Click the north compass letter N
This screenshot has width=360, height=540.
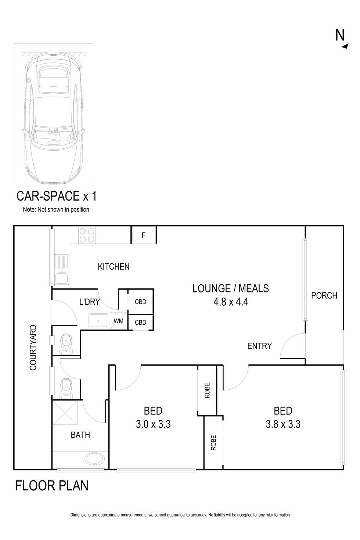tap(340, 35)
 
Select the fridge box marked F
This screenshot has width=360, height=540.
tap(144, 235)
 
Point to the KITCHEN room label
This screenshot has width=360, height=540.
tap(114, 267)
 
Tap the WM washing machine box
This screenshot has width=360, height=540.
tap(118, 321)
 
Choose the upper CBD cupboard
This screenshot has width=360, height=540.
tap(140, 302)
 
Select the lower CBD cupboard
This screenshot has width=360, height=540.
tap(140, 323)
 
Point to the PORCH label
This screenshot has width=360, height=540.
tap(324, 295)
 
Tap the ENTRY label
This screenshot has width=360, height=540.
tap(259, 346)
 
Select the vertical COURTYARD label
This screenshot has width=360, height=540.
tap(33, 347)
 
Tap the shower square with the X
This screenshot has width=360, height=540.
tap(65, 413)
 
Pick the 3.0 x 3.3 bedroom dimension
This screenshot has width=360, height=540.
tap(153, 425)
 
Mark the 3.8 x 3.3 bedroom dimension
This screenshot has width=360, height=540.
tap(283, 425)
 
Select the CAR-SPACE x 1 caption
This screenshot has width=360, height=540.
tap(57, 196)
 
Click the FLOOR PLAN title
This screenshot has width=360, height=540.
tap(52, 486)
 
